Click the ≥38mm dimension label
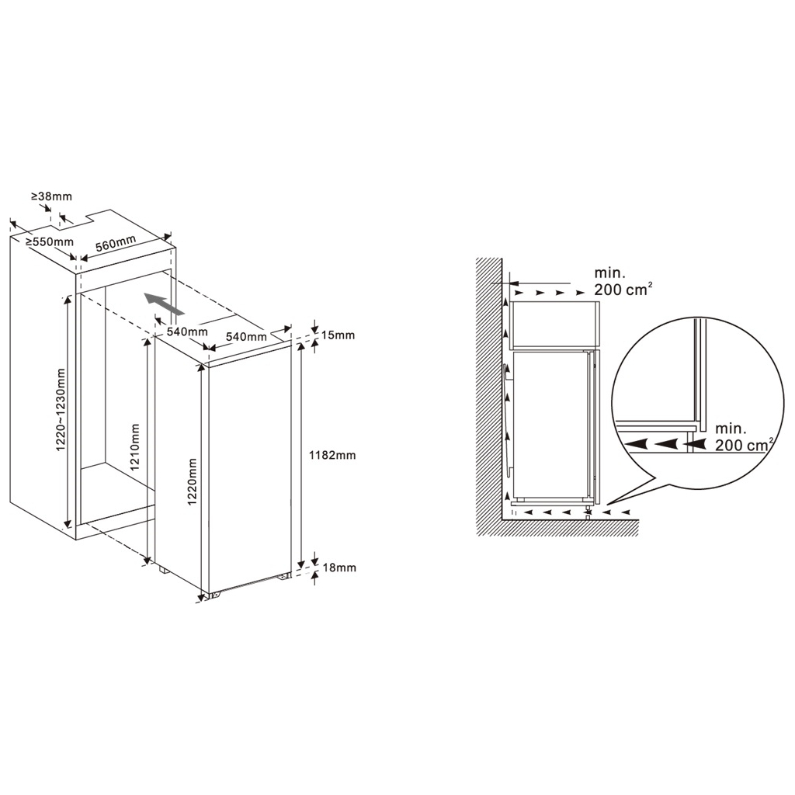(52, 196)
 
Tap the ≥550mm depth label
(50, 242)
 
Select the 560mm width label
(116, 243)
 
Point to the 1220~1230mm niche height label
(61, 410)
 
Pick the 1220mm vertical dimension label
(192, 481)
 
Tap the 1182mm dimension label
(332, 455)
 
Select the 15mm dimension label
(338, 335)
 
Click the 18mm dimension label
(339, 568)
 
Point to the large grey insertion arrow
(163, 304)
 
